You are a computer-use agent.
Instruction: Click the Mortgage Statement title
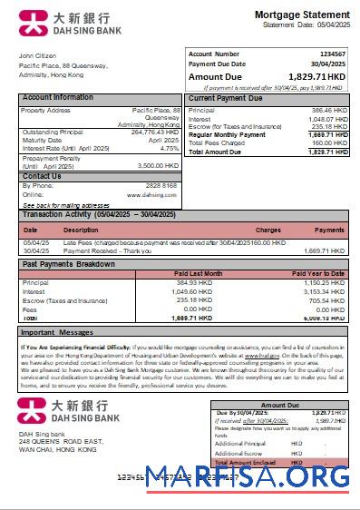[301, 15]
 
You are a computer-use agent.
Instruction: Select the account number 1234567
[331, 54]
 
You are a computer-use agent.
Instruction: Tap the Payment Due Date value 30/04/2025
[327, 64]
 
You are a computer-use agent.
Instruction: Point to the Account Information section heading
[57, 97]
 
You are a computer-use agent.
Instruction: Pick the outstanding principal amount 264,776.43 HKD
[155, 132]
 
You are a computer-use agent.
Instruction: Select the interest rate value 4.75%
[169, 148]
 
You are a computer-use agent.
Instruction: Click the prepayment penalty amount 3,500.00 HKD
[158, 165]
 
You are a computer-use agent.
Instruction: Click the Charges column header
[268, 230]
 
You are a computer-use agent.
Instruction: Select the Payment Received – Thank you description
[102, 250]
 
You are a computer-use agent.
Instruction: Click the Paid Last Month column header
[199, 273]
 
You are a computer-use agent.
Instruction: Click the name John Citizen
[37, 56]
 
